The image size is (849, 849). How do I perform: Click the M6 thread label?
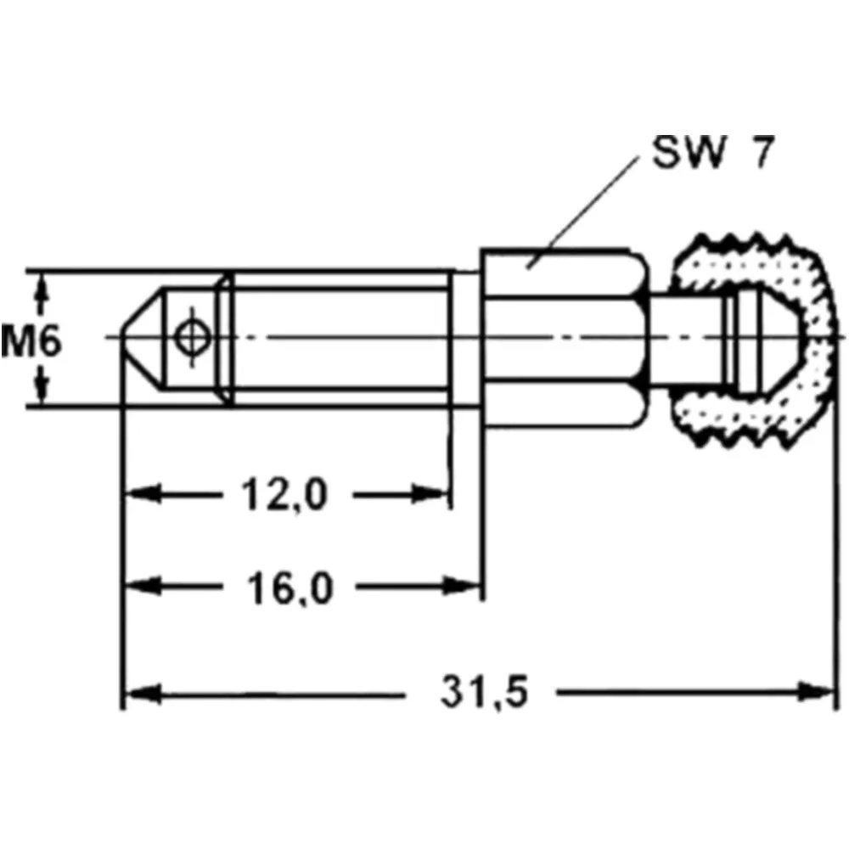(x=31, y=341)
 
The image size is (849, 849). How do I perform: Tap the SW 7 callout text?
(x=713, y=152)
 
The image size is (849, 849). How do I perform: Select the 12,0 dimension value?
(x=284, y=495)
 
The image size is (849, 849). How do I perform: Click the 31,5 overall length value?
(x=484, y=691)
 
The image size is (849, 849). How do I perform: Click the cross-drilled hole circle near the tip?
(x=193, y=337)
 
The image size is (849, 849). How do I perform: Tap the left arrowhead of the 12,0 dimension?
(x=143, y=494)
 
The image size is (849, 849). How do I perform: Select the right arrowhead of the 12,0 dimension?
(x=430, y=494)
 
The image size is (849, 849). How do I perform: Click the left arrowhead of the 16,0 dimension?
(x=143, y=586)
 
